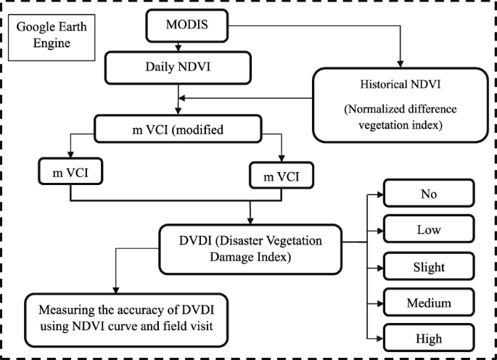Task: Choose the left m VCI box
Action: click(x=70, y=174)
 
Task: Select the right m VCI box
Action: click(x=281, y=176)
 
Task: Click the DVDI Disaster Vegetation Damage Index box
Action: click(x=251, y=249)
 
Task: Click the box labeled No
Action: click(x=429, y=195)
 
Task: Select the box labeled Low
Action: click(x=429, y=230)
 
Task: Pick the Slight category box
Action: click(x=429, y=266)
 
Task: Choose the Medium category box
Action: click(x=429, y=302)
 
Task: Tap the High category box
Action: click(x=429, y=338)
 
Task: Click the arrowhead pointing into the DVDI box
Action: click(x=250, y=220)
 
